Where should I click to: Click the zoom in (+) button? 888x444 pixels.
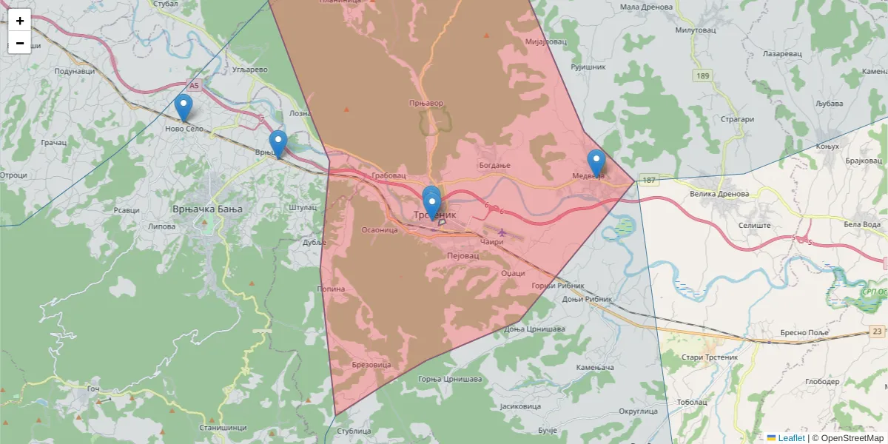click(20, 21)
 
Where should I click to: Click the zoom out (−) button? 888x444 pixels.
click(20, 43)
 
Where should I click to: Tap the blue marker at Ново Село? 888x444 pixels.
click(184, 108)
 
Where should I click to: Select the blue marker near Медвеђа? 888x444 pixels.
click(596, 163)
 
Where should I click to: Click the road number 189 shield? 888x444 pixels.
click(703, 75)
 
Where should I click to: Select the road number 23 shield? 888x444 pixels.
click(878, 332)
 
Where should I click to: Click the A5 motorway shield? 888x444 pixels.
click(194, 86)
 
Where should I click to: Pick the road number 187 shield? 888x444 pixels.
click(649, 180)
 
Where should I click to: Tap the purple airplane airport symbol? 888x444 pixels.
click(502, 232)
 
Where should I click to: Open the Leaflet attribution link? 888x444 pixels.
click(790, 438)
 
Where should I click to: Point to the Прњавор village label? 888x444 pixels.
click(425, 103)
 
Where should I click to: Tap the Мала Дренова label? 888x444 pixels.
click(646, 7)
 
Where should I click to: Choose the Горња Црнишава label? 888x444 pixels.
click(450, 379)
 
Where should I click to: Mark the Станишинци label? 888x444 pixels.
click(222, 428)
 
